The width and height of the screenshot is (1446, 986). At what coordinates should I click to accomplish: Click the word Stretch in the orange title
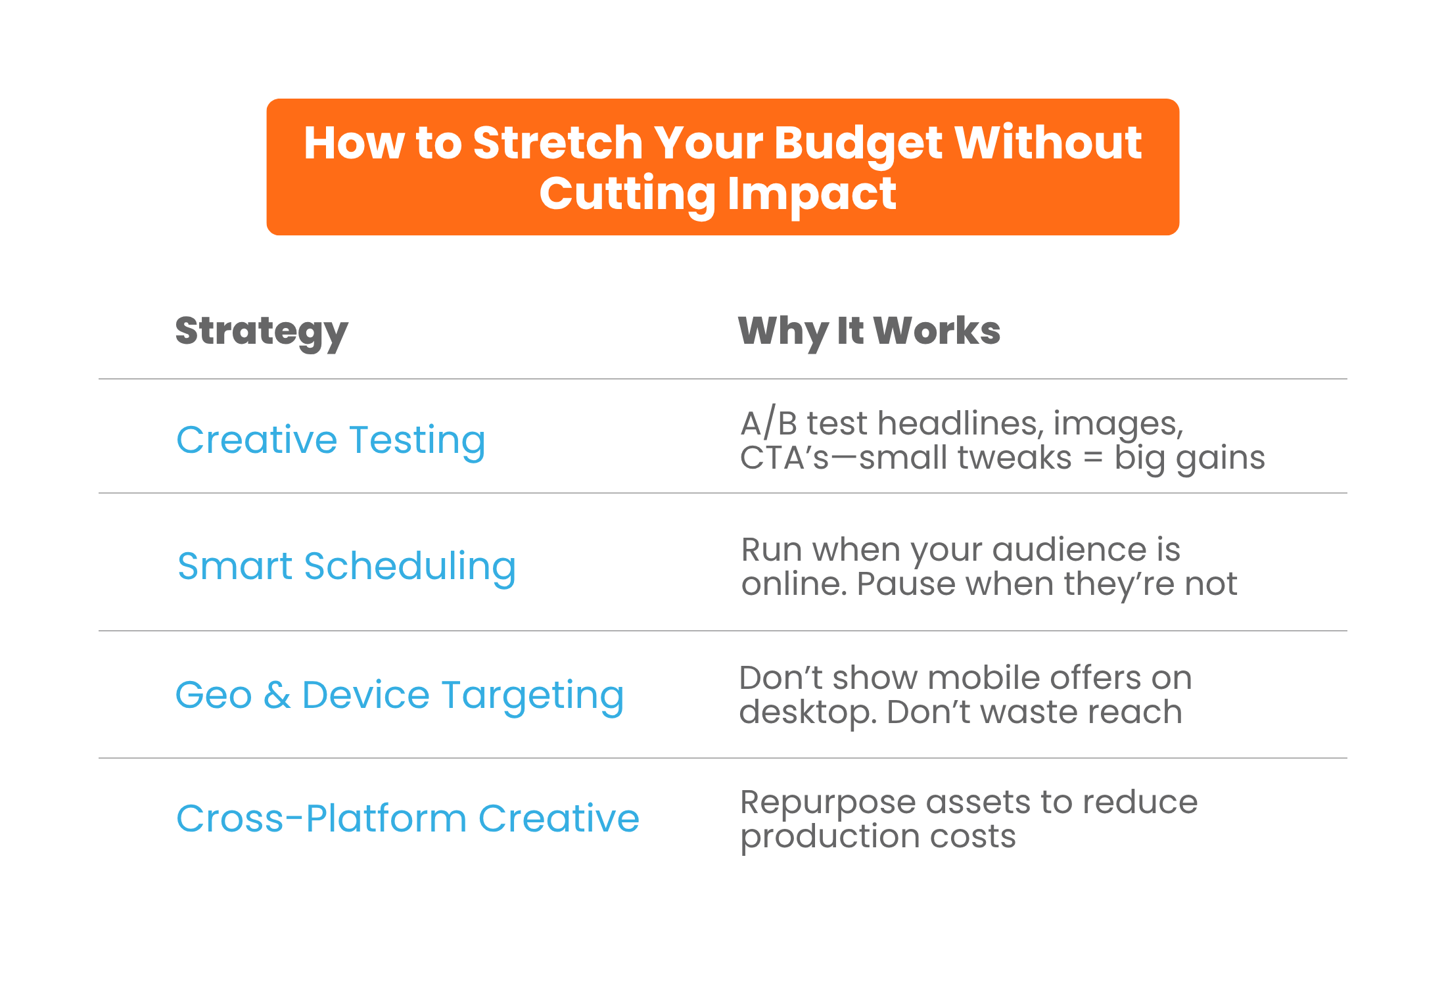(x=558, y=143)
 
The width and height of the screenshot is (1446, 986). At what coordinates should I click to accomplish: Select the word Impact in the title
(x=812, y=195)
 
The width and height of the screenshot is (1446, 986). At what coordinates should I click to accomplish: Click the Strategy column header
(x=262, y=332)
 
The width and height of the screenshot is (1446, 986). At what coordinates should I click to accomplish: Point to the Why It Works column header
(x=869, y=331)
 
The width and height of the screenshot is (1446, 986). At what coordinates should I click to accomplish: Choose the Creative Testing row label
(x=331, y=441)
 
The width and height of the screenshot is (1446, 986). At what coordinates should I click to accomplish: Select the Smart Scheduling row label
(x=346, y=567)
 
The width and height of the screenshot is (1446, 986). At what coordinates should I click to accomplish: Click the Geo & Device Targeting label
(x=400, y=696)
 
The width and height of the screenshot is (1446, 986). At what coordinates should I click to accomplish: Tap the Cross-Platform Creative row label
(x=408, y=819)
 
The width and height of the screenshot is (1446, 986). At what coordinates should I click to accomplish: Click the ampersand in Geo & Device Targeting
(x=277, y=695)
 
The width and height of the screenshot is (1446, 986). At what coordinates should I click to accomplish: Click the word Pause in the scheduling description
(x=906, y=584)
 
